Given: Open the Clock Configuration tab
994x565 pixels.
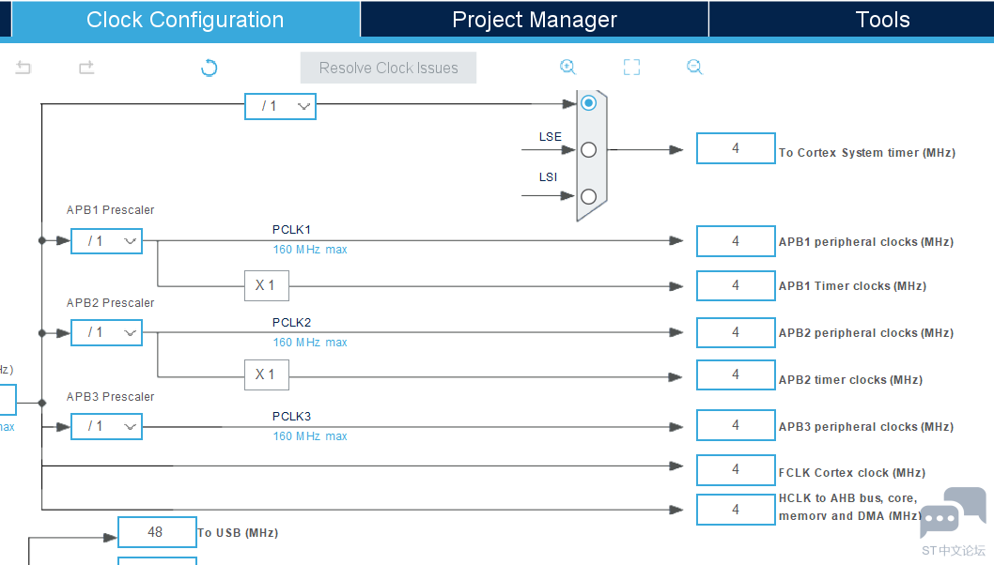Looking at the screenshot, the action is pos(185,20).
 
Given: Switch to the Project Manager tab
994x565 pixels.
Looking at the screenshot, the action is pos(535,20).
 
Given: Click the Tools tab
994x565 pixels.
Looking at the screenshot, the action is pos(882,20).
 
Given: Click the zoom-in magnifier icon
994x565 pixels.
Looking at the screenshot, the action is pos(567,68).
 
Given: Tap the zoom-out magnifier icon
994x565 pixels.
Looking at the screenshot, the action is pos(694,68).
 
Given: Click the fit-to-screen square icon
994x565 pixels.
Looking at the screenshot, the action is pos(631,68).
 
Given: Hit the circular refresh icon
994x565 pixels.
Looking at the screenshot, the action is pos(209,68).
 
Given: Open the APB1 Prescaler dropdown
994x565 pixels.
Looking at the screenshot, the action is pos(106,240).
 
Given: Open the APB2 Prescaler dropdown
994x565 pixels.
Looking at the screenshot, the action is pos(106,332).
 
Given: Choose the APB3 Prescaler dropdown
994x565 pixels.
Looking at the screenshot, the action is pos(106,426).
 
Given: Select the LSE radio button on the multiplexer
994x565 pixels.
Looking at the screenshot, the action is pos(588,150).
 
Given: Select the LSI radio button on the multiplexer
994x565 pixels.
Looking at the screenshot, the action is pos(588,196).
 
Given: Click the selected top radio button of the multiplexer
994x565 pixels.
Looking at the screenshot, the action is pos(588,102).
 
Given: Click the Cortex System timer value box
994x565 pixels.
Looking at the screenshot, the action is pos(736,148).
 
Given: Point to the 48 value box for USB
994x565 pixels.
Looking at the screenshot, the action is pos(157,532).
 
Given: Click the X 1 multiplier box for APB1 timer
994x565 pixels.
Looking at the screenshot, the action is pos(266,285).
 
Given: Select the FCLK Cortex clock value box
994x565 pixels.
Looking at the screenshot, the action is pos(736,469).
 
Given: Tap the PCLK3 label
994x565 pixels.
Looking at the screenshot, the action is pos(291,416).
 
